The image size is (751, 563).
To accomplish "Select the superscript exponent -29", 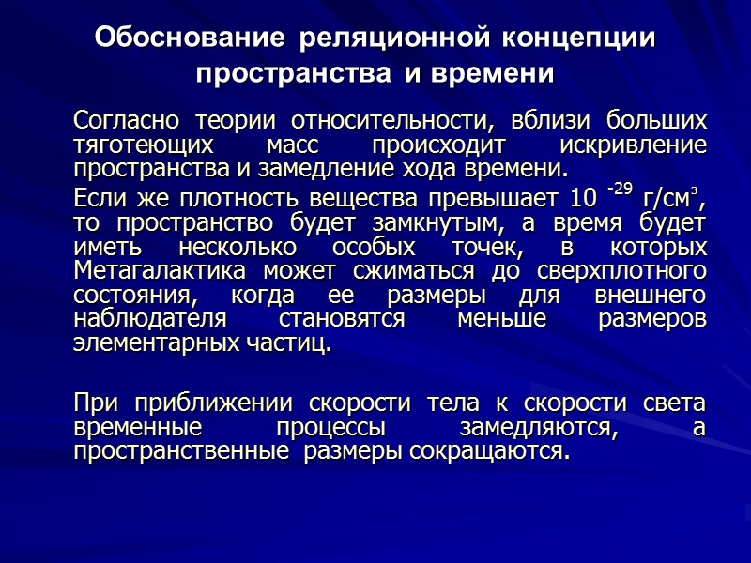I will coord(620,190).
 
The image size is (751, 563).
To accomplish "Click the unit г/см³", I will coord(674,200).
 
